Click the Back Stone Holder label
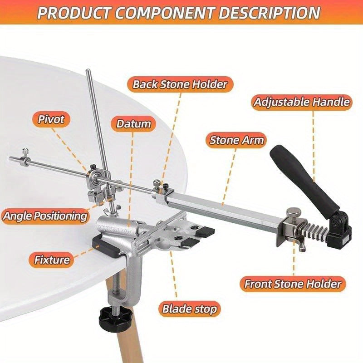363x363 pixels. pos(179,84)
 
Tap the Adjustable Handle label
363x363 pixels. pos(302,102)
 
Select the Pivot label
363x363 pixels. pos(51,120)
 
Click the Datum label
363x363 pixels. pos(133,124)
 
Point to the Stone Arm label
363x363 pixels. pos(236,140)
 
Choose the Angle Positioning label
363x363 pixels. pos(44,215)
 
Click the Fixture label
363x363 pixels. pos(52,260)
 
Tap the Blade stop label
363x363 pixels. pos(190,309)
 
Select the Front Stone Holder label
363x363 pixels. pos(292,284)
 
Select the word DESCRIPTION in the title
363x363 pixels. pos(270,12)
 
